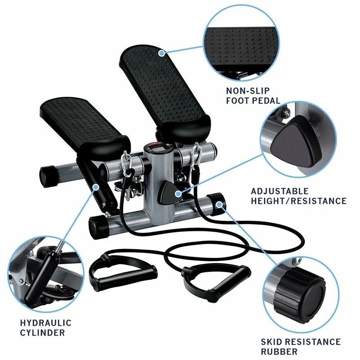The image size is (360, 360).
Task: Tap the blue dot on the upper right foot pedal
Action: coord(161,53)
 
